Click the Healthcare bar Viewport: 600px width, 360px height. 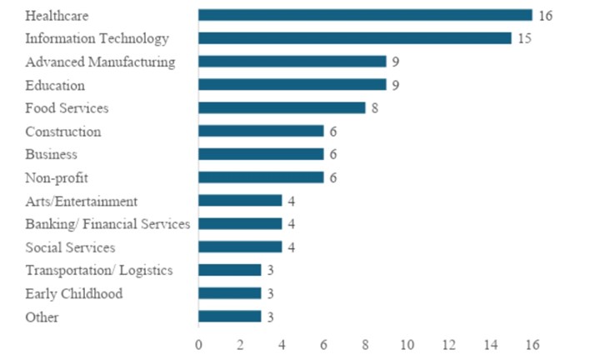click(x=365, y=15)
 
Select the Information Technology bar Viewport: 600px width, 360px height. click(x=354, y=38)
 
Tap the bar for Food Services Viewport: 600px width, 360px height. click(x=282, y=107)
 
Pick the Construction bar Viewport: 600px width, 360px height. click(x=261, y=131)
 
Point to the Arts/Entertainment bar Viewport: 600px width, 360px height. click(x=240, y=201)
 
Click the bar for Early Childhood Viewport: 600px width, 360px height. click(x=229, y=293)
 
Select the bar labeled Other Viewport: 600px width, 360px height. click(x=229, y=317)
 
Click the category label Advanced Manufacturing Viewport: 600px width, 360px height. click(x=100, y=62)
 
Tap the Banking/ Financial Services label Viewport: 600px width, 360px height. click(x=107, y=224)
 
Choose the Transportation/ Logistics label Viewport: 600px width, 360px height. click(x=98, y=270)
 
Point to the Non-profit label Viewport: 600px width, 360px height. click(x=57, y=177)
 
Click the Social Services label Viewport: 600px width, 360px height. click(x=70, y=247)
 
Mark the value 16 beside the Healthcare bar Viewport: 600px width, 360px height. click(x=546, y=16)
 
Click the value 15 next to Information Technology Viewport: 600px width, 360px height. click(x=525, y=38)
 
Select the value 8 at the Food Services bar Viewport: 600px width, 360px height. click(x=375, y=107)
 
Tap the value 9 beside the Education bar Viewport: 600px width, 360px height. click(x=396, y=84)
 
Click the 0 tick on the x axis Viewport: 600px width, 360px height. click(x=198, y=344)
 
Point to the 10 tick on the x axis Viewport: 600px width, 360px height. click(x=407, y=344)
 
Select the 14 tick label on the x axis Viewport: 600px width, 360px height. click(x=490, y=344)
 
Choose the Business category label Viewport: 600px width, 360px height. click(x=51, y=154)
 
